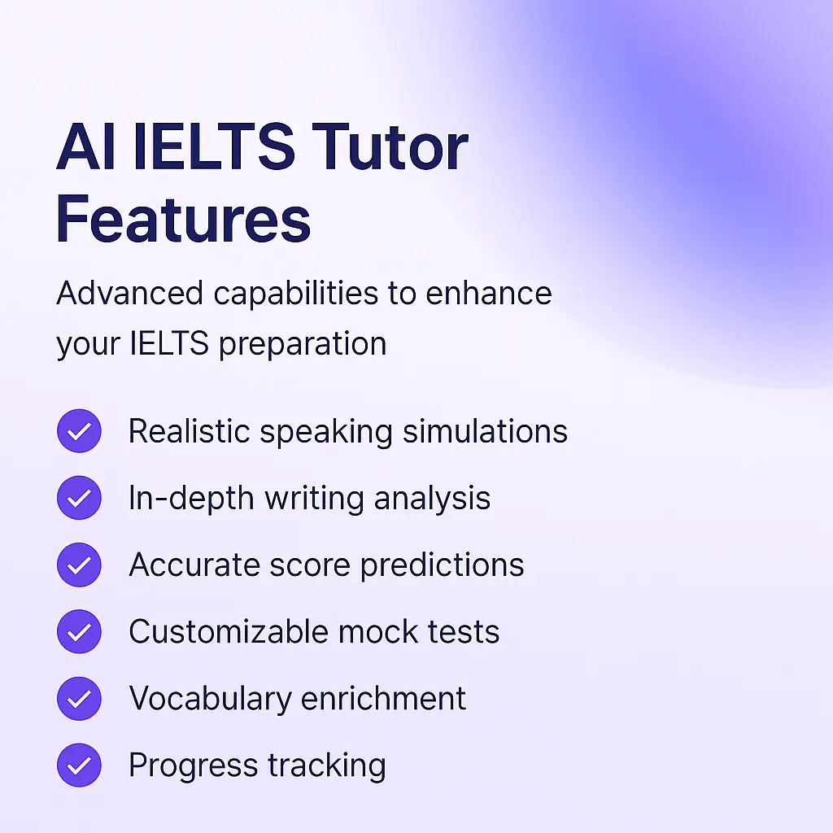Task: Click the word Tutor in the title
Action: pos(389,148)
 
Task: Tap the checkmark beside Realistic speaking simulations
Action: pos(79,431)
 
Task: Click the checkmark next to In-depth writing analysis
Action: pos(79,498)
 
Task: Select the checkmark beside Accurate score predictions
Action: pos(79,565)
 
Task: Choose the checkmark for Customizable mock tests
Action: pos(79,631)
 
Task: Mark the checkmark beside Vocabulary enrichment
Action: pos(79,699)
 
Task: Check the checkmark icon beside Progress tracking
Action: pos(79,765)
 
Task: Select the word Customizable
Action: pos(217,631)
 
